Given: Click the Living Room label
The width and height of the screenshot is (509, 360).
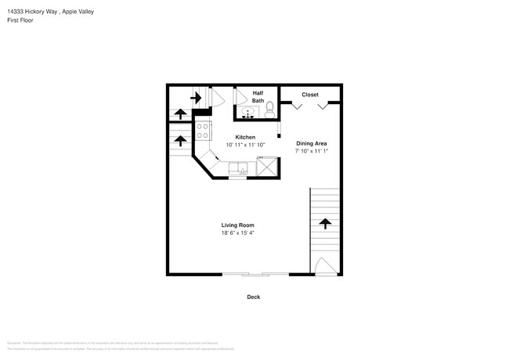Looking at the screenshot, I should tap(237, 225).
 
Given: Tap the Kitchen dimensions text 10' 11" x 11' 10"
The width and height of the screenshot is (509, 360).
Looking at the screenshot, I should tap(246, 145).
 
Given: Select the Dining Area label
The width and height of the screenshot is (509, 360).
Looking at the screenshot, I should tap(311, 143).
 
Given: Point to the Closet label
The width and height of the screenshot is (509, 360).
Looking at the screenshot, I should tap(310, 95).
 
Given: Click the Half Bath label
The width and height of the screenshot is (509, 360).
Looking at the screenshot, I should tap(258, 96).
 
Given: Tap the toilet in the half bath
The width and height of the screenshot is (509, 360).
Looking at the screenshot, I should tap(270, 107).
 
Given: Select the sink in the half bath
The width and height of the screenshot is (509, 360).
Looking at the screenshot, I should tap(247, 114).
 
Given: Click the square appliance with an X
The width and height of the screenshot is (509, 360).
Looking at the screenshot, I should tap(267, 166).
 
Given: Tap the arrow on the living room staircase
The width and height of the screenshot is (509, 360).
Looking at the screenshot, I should tap(325, 224).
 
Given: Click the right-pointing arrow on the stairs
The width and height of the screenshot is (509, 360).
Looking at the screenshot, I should tap(196, 98).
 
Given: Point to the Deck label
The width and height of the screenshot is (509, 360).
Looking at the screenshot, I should tap(253, 297).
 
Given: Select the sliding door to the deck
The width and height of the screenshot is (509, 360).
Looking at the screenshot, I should tap(254, 274).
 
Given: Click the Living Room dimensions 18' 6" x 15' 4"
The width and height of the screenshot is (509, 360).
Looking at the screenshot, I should tap(237, 232).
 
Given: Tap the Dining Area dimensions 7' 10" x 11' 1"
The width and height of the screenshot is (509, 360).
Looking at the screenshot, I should tap(311, 151).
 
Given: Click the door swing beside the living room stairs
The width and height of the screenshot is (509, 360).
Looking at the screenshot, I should tap(324, 266).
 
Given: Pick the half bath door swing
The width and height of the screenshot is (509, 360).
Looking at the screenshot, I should tap(239, 97).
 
